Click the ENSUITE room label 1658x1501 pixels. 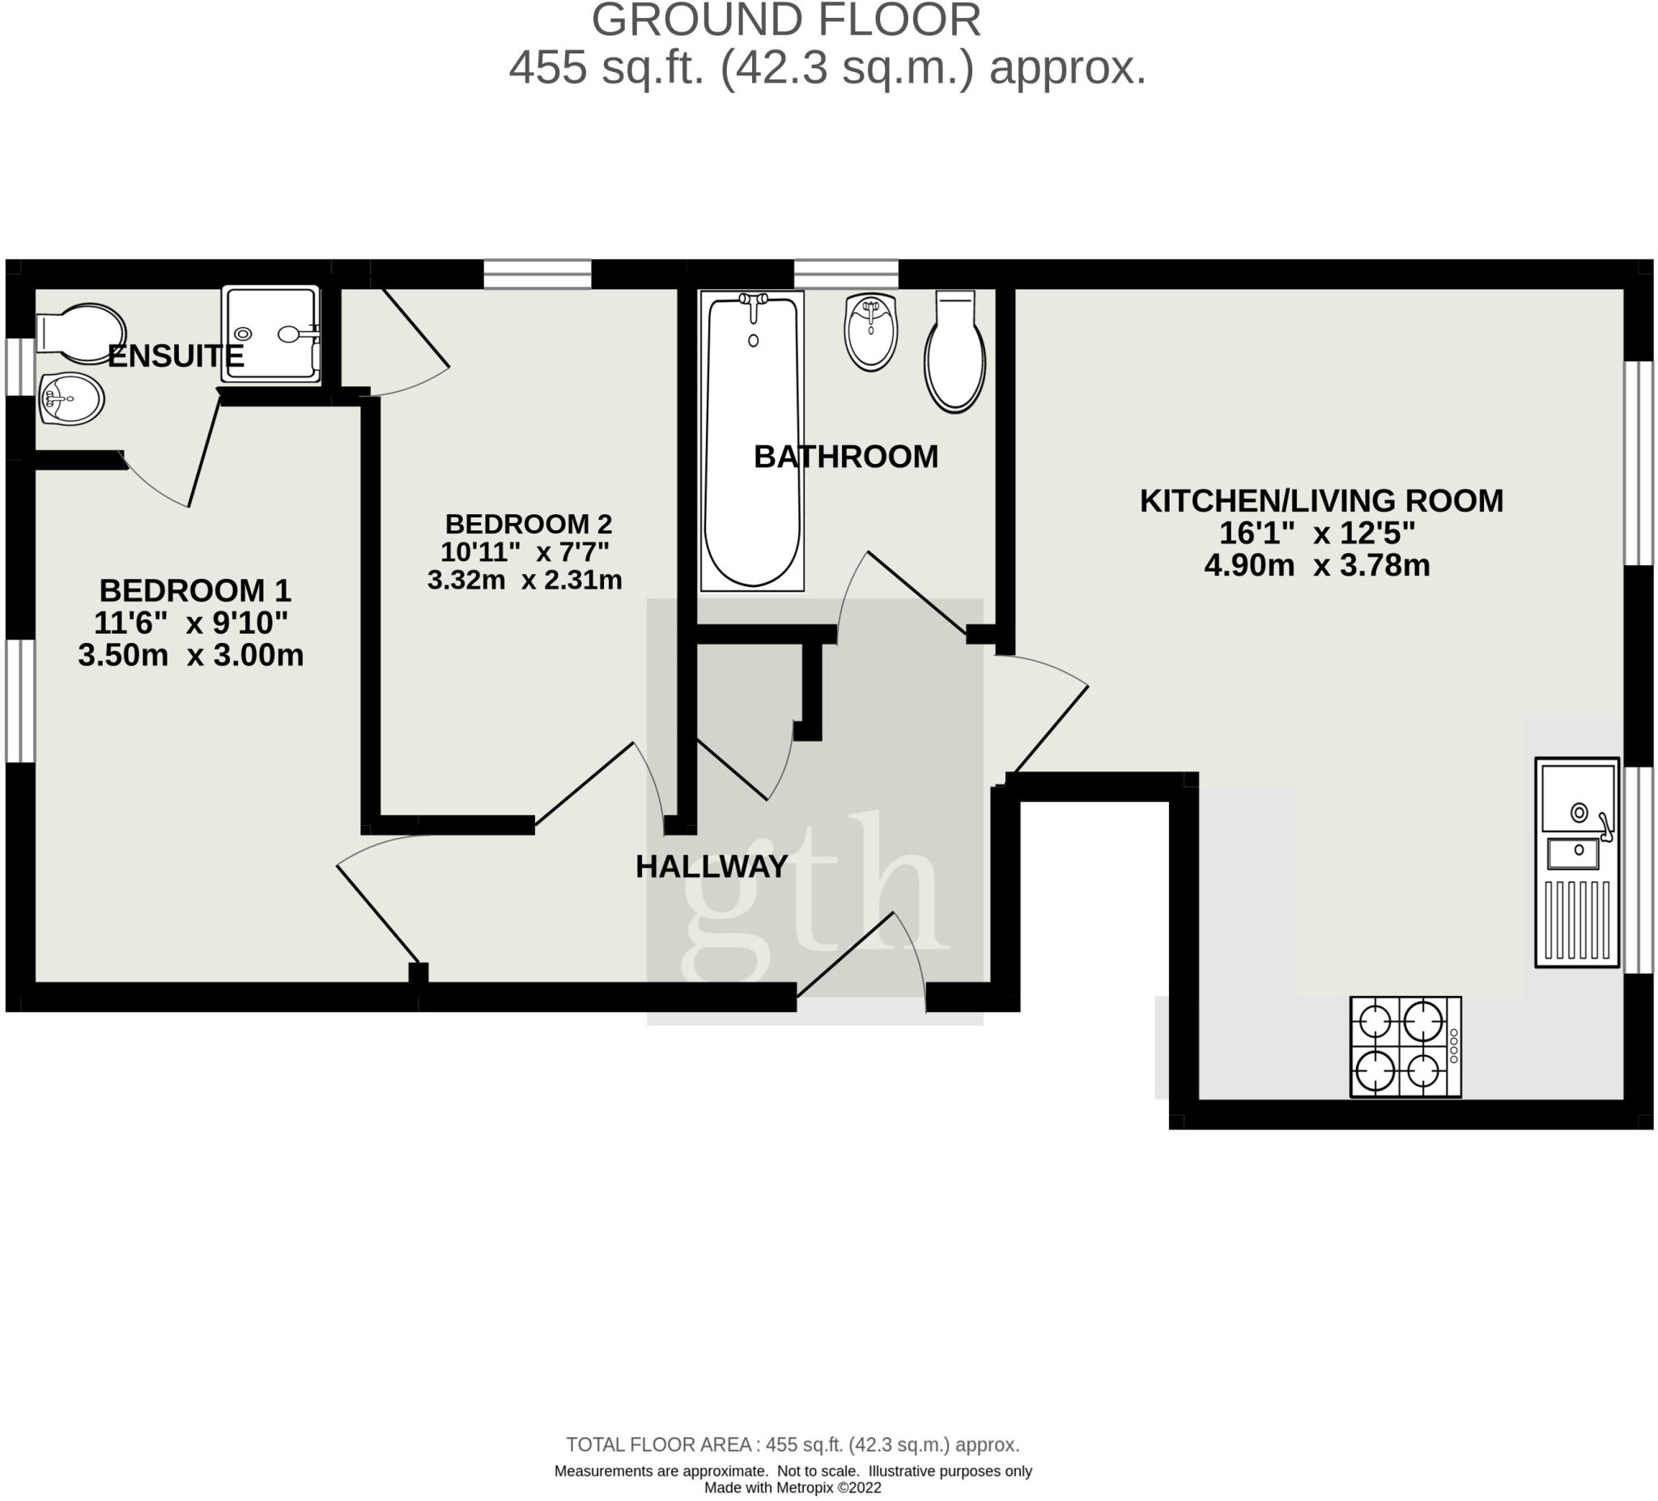[x=175, y=356]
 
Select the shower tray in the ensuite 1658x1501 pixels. [x=270, y=334]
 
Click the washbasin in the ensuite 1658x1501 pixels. [x=70, y=399]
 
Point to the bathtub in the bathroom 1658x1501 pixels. [x=752, y=442]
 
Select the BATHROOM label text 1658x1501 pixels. [x=845, y=457]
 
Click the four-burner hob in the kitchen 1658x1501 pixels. [x=1405, y=1047]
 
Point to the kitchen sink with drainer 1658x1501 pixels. [x=1575, y=862]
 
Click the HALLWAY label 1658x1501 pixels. [x=712, y=866]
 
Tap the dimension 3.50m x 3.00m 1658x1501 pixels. [x=191, y=656]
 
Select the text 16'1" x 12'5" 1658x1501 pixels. [x=1316, y=534]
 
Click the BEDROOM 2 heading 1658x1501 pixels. [x=528, y=524]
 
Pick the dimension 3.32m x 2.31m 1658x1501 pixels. [x=524, y=580]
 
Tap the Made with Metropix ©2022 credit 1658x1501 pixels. [x=792, y=1488]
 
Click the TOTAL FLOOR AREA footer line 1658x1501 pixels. [x=792, y=1444]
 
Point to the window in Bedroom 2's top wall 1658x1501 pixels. [x=537, y=274]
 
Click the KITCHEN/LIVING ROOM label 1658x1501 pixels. [x=1320, y=501]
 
